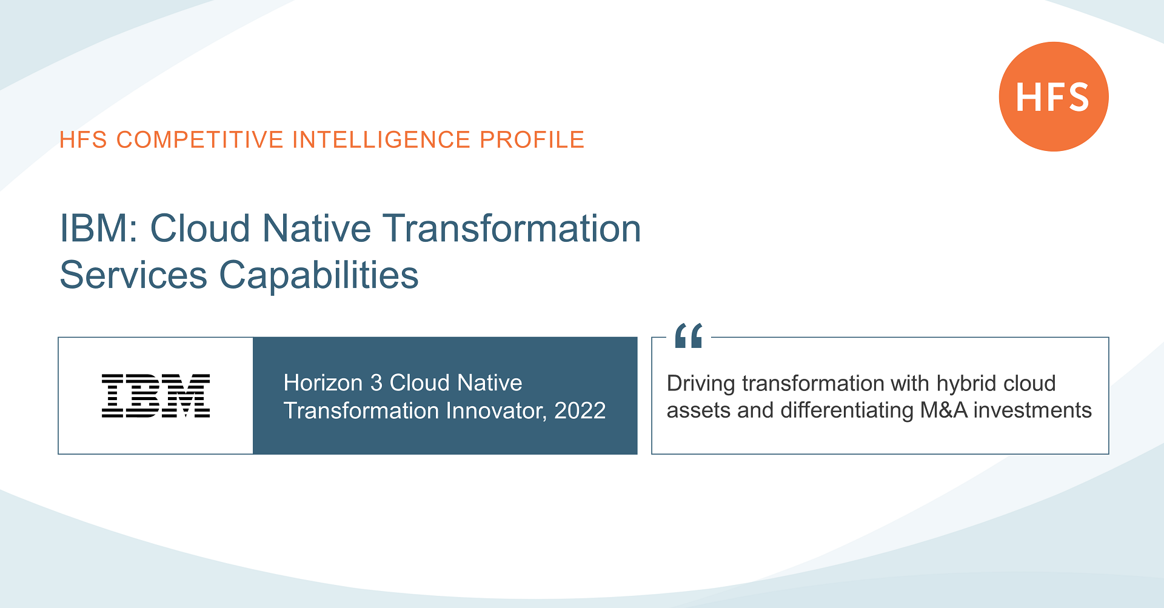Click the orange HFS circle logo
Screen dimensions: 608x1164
[x=1053, y=96]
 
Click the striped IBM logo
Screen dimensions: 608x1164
[x=156, y=396]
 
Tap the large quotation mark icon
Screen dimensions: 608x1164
[x=689, y=336]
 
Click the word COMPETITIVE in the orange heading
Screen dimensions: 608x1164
[x=200, y=140]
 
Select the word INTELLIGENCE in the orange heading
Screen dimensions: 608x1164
[x=381, y=140]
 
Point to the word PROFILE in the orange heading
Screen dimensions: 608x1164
[x=532, y=140]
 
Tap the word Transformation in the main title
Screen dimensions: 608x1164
[x=512, y=229]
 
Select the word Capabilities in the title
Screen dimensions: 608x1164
[x=319, y=275]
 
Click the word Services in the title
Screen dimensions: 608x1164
[x=133, y=275]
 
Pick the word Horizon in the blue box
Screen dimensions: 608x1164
[x=323, y=383]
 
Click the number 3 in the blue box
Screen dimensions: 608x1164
[x=376, y=383]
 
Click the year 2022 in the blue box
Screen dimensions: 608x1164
[x=580, y=411]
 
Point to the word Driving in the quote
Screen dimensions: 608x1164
[x=700, y=384]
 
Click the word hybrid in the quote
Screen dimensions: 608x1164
[x=967, y=384]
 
